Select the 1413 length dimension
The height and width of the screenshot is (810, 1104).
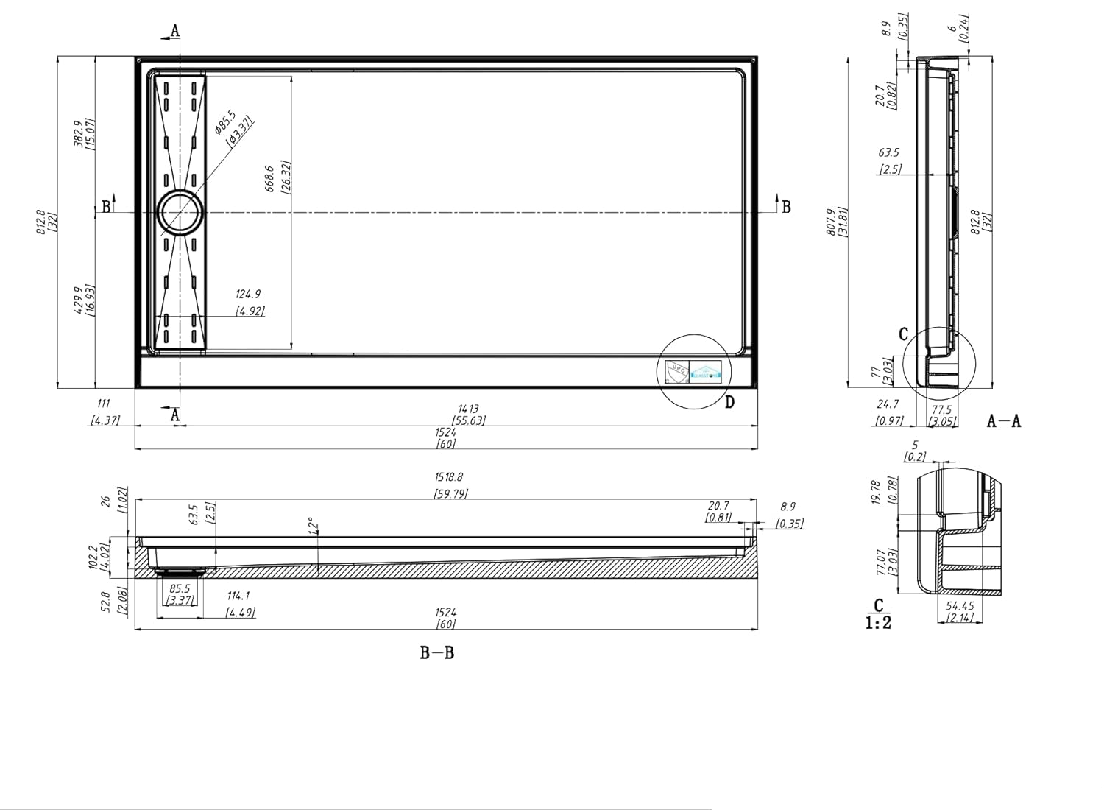pyautogui.click(x=468, y=409)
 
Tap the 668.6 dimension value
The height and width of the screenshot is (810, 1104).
pyautogui.click(x=270, y=177)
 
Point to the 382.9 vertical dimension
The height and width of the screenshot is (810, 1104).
pyautogui.click(x=79, y=133)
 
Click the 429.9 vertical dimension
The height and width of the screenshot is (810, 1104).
pyautogui.click(x=79, y=300)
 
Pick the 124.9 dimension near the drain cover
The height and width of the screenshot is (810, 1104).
pyautogui.click(x=249, y=295)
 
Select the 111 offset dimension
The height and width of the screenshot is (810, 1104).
pyautogui.click(x=104, y=404)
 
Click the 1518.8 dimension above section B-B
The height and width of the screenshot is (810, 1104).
pyautogui.click(x=449, y=478)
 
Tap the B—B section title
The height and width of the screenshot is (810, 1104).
pyautogui.click(x=437, y=653)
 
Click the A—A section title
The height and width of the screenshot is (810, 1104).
pyautogui.click(x=1004, y=421)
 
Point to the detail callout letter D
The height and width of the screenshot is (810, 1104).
pyautogui.click(x=729, y=402)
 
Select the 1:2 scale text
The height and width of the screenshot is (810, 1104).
pyautogui.click(x=878, y=623)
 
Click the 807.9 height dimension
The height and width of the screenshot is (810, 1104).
pyautogui.click(x=831, y=222)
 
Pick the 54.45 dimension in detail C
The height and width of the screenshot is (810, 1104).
pyautogui.click(x=960, y=606)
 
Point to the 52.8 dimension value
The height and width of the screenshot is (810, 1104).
pyautogui.click(x=105, y=603)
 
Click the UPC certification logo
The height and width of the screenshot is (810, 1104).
pyautogui.click(x=675, y=370)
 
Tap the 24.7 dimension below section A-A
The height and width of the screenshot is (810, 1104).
pyautogui.click(x=888, y=404)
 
